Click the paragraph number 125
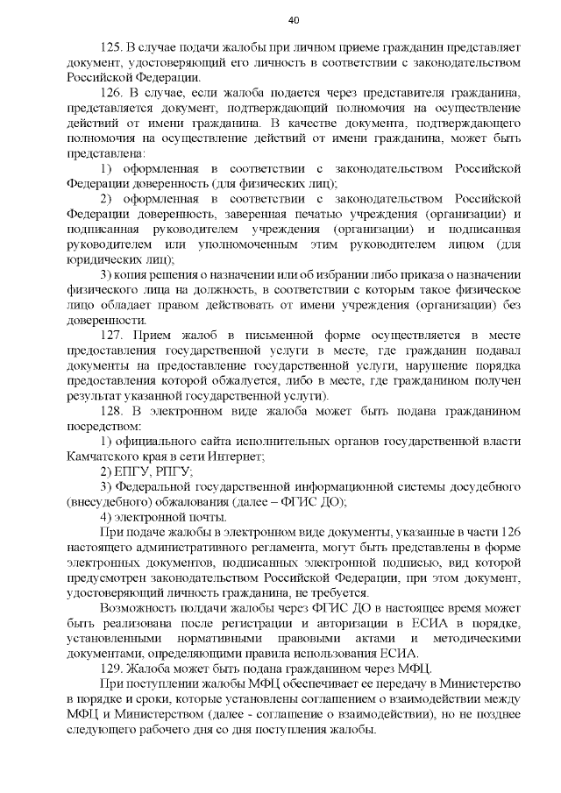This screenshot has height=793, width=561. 114,46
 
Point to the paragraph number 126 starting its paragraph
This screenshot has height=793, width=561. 114,93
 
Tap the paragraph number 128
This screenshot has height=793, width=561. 114,409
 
